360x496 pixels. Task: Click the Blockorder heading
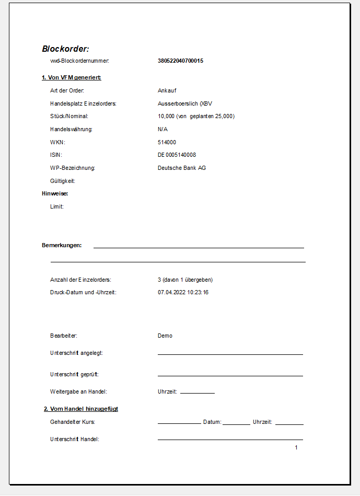pos(66,49)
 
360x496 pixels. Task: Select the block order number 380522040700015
pos(180,61)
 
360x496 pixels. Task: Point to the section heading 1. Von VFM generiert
pos(71,78)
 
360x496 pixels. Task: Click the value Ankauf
pos(167,90)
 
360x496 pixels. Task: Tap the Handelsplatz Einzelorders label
pos(83,103)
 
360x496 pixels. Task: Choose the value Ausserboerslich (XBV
pos(185,103)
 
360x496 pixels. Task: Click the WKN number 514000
pos(167,142)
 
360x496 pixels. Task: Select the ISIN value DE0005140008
pos(177,155)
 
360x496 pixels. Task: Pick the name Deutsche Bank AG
pos(182,168)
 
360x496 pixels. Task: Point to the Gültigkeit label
pos(63,181)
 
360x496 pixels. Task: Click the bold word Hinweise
pos(55,193)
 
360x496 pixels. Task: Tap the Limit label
pos(57,206)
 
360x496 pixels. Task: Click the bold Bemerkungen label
pos(62,245)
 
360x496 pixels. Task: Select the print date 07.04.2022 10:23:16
pos(183,292)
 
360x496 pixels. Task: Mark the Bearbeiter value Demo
pos(165,336)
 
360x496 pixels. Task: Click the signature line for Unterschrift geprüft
pos(230,375)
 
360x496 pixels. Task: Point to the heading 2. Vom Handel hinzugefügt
pos(81,409)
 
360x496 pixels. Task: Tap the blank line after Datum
pos(236,424)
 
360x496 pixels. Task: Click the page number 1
pos(296,447)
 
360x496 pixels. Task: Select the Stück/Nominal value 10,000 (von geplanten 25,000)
pos(196,116)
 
